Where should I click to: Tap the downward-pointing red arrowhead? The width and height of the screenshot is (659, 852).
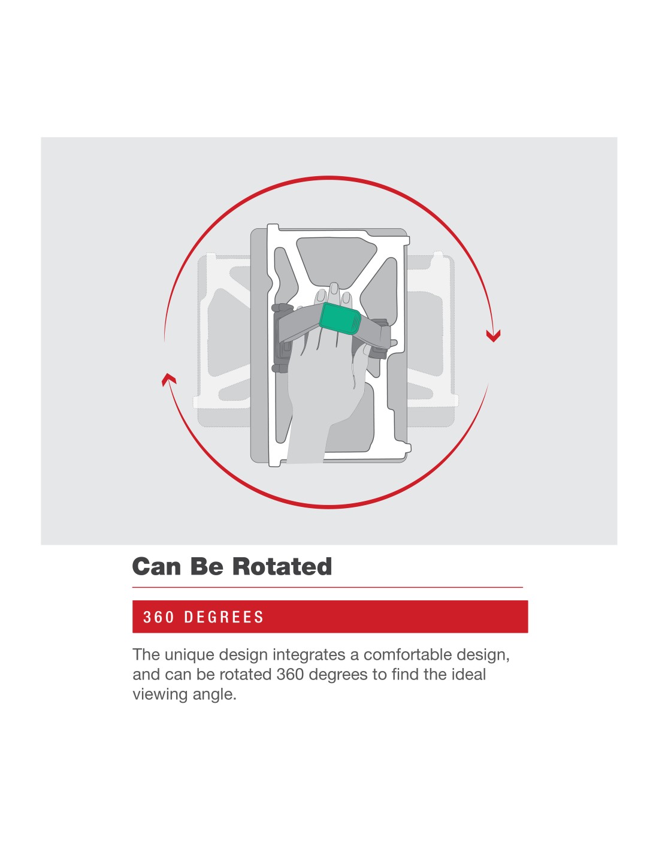[493, 336]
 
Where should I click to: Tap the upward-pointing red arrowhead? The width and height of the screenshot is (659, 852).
[169, 379]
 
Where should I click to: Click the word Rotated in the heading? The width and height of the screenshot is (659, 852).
[282, 567]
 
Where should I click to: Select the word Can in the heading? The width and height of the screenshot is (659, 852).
[157, 567]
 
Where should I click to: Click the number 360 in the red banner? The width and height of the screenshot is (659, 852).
[159, 617]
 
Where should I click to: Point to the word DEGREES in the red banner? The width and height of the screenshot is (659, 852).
[224, 617]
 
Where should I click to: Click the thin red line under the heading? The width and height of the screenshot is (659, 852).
[327, 587]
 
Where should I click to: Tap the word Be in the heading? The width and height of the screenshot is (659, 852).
[207, 567]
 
